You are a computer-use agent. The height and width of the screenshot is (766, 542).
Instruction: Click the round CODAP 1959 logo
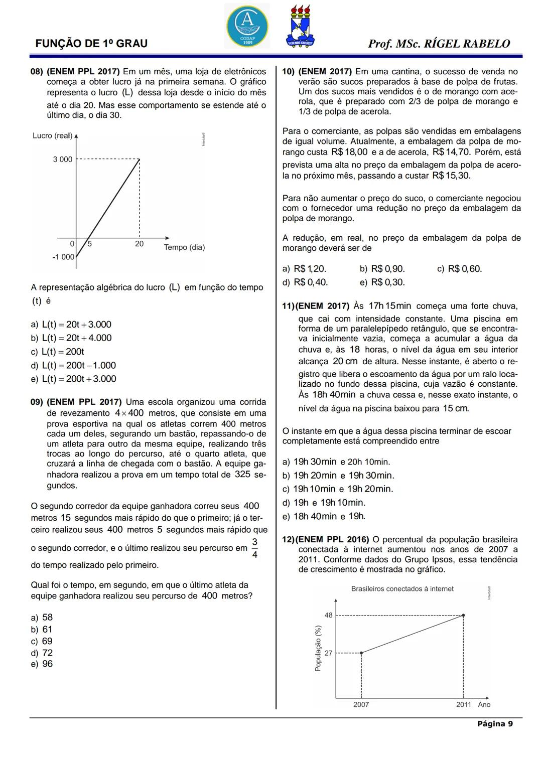pyautogui.click(x=247, y=26)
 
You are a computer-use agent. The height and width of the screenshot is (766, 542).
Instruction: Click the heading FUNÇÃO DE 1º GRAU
pyautogui.click(x=91, y=44)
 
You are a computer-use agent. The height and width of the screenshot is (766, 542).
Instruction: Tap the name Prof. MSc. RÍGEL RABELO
pyautogui.click(x=439, y=44)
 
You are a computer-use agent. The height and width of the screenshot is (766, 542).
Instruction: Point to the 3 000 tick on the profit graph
pyautogui.click(x=63, y=160)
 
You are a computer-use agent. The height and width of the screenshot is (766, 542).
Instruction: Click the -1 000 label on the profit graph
pyautogui.click(x=63, y=257)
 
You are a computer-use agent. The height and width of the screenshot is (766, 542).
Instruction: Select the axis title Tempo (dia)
pyautogui.click(x=184, y=247)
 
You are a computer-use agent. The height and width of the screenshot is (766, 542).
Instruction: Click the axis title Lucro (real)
pyautogui.click(x=52, y=136)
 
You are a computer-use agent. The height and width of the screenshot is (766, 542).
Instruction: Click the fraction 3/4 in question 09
pyautogui.click(x=255, y=548)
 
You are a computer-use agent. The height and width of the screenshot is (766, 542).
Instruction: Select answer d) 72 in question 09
pyautogui.click(x=42, y=653)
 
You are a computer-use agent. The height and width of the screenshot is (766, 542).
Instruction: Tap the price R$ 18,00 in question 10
pyautogui.click(x=350, y=152)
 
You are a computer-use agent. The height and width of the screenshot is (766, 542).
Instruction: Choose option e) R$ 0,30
pyautogui.click(x=382, y=282)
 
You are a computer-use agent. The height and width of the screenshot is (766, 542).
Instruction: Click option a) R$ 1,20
pyautogui.click(x=305, y=269)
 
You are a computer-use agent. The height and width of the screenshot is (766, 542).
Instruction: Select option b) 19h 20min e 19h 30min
pyautogui.click(x=339, y=476)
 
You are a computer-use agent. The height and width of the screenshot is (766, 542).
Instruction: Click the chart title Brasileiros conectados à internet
pyautogui.click(x=402, y=589)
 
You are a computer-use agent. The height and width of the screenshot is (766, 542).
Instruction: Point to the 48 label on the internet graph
pyautogui.click(x=329, y=615)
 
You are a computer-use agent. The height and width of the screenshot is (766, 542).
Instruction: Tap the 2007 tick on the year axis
pyautogui.click(x=361, y=705)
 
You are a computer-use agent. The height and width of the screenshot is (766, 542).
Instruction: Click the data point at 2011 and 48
pyautogui.click(x=463, y=615)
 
